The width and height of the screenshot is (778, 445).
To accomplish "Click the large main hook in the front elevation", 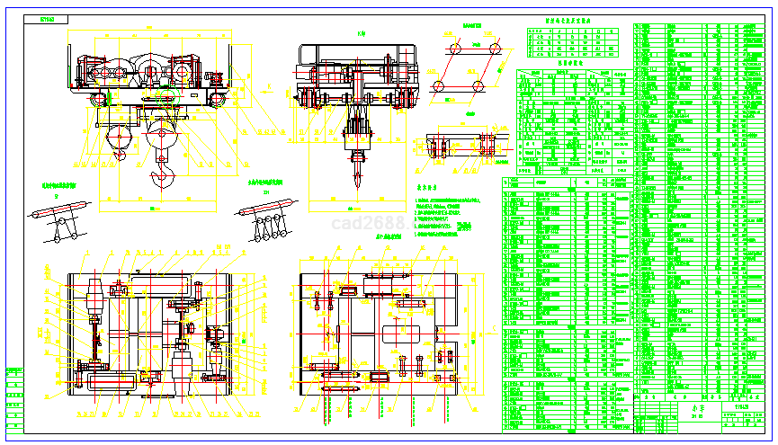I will (x=163, y=172).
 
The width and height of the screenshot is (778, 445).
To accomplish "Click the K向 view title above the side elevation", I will (x=361, y=34).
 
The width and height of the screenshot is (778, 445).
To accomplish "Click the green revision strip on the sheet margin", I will (x=13, y=396).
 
